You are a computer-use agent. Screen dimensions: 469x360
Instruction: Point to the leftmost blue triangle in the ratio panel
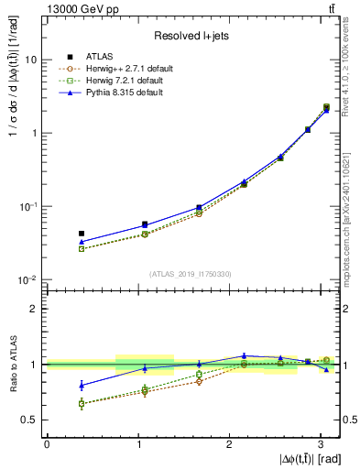pos(82,385)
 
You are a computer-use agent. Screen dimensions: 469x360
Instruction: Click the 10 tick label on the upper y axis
pos(31,60)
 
